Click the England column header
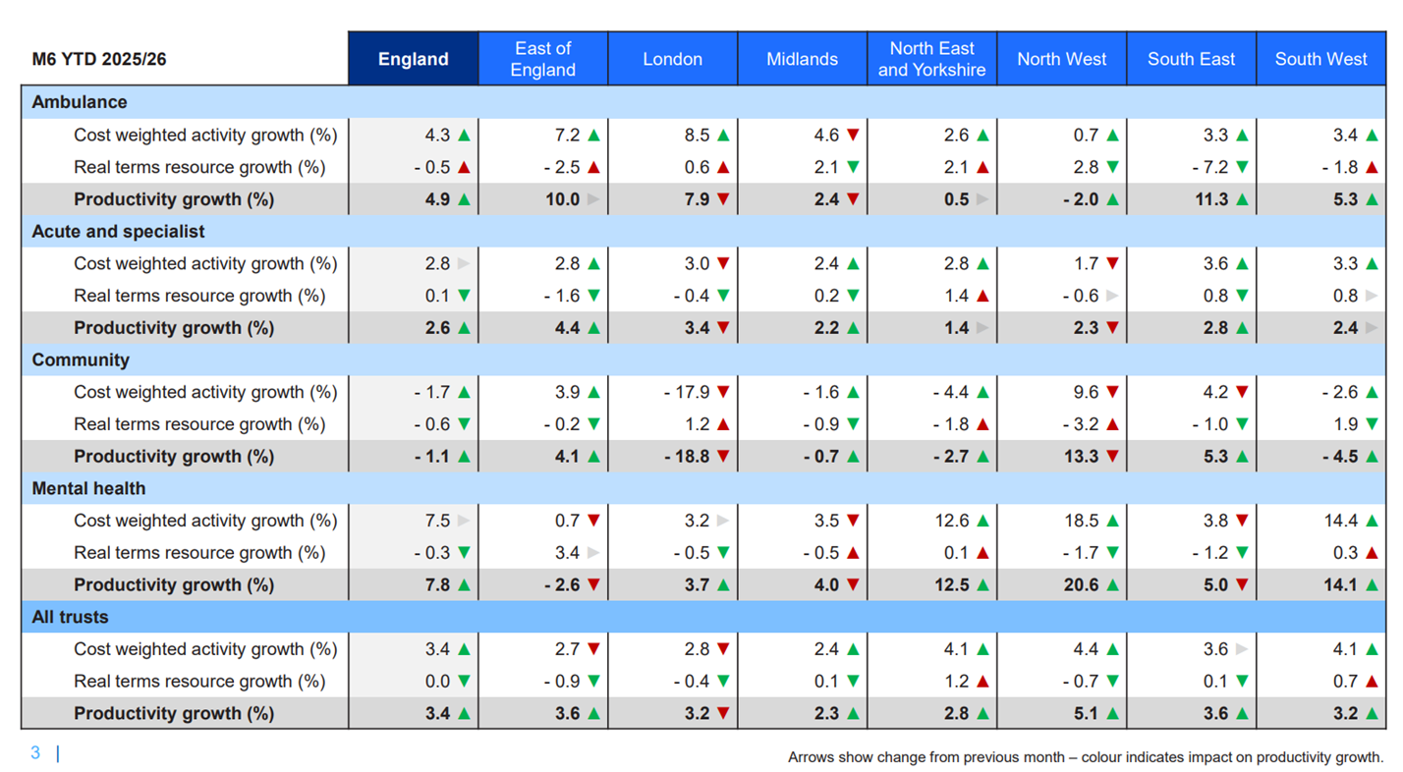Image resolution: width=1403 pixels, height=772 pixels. (413, 59)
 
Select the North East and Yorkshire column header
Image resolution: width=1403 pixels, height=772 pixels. (931, 59)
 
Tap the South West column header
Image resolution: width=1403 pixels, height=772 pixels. (1320, 59)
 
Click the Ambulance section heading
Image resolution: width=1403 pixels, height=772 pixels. (80, 102)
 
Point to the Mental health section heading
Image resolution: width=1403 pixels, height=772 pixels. (88, 488)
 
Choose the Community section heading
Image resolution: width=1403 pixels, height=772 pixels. (81, 359)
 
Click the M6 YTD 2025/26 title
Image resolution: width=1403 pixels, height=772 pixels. (99, 59)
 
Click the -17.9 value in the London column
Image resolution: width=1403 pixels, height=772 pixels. (687, 392)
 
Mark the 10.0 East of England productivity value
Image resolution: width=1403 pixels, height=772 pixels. (562, 199)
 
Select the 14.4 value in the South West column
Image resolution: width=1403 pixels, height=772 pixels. (1340, 521)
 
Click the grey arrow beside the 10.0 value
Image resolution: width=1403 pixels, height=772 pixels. (593, 199)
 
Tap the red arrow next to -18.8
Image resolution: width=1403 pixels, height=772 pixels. (723, 457)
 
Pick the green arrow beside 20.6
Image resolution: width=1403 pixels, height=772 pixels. (1112, 585)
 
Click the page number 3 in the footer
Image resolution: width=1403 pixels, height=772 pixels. (35, 753)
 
